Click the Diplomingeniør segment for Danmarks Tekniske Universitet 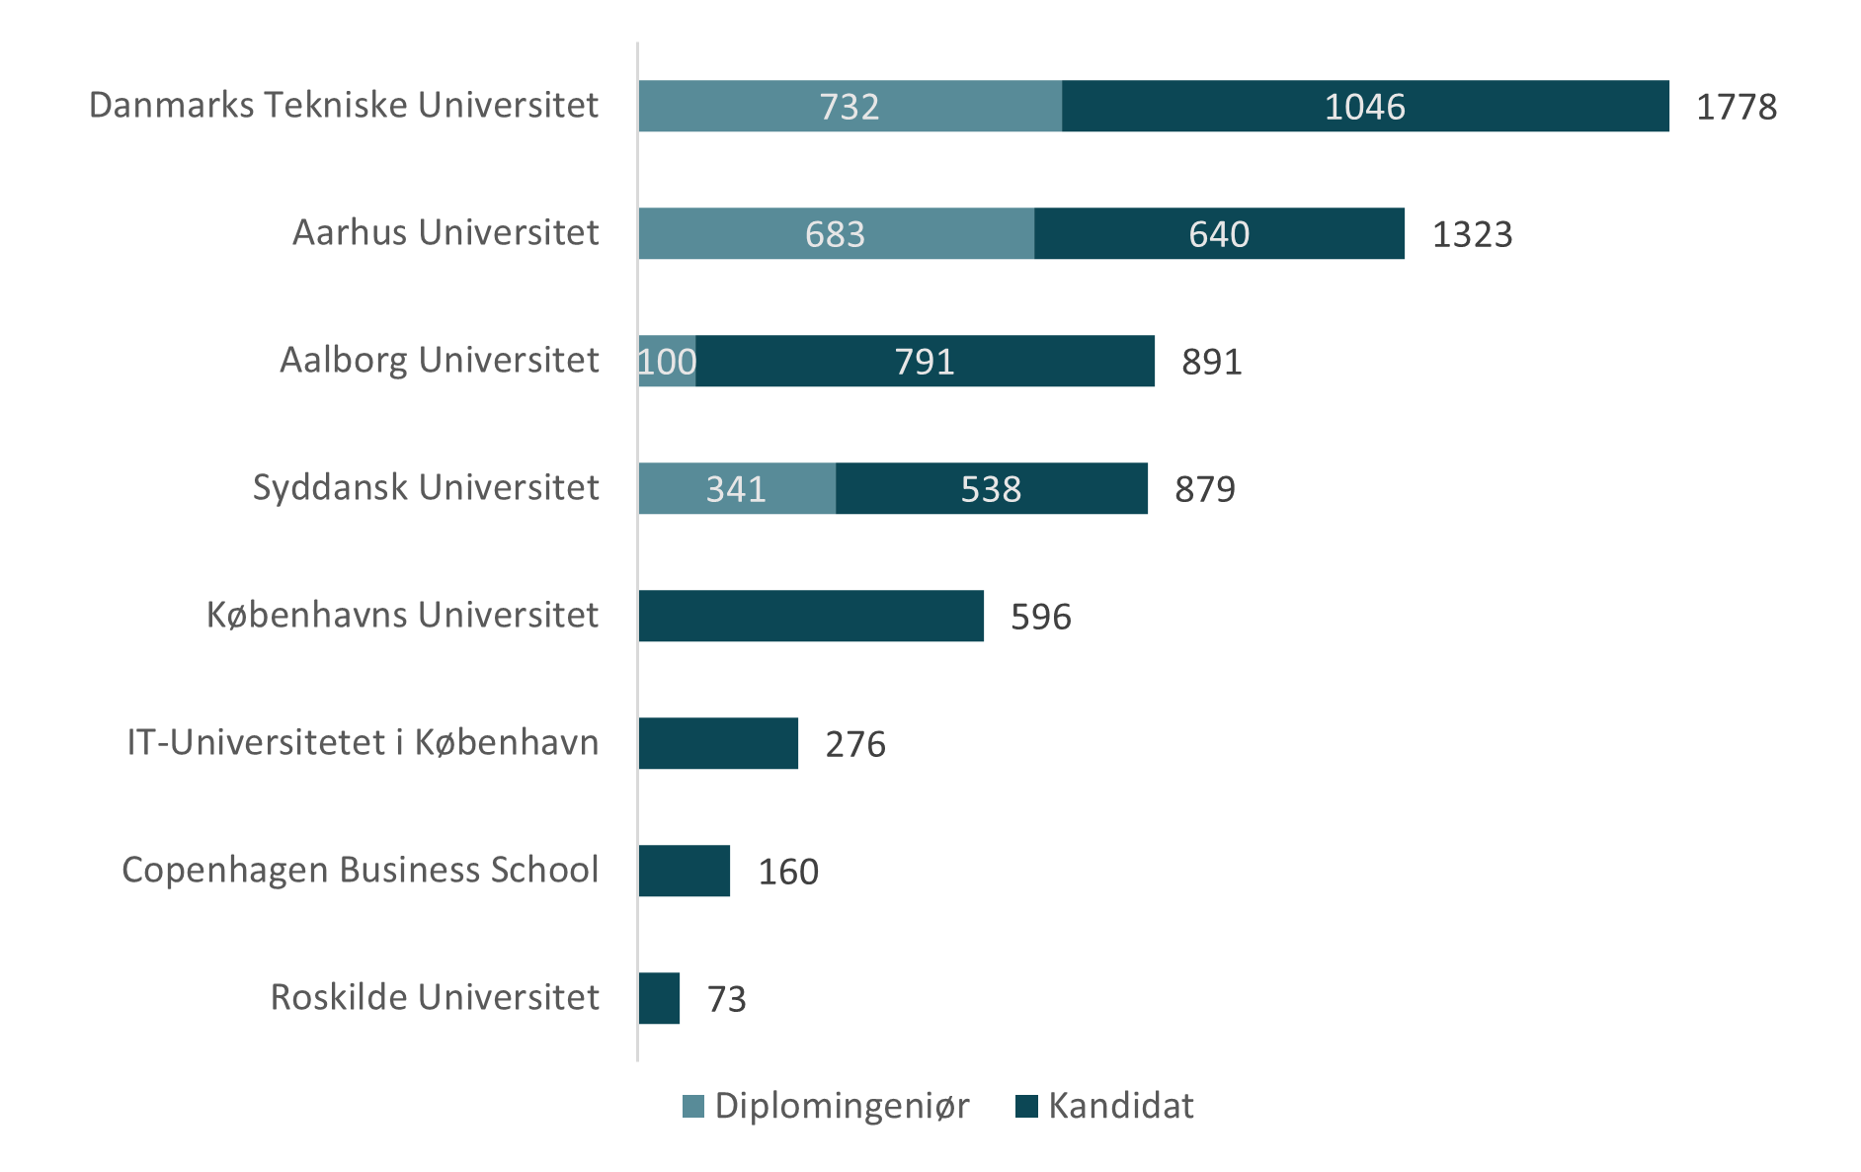point(850,106)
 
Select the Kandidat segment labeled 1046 point(1365,106)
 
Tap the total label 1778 point(1736,107)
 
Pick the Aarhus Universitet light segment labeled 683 point(836,233)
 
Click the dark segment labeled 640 point(1219,233)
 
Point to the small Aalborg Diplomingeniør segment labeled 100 point(668,361)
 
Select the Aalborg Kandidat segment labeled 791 point(925,361)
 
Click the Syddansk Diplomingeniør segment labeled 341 point(737,488)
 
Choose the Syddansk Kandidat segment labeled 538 point(991,488)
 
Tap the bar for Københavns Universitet point(811,616)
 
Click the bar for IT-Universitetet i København point(718,743)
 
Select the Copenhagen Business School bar point(685,871)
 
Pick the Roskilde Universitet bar point(660,998)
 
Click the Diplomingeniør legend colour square point(693,1107)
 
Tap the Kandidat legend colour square point(1026,1107)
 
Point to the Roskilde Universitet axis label point(435,997)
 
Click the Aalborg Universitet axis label point(440,360)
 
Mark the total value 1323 point(1472,234)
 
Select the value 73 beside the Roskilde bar point(726,999)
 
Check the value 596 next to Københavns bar point(1040,617)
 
